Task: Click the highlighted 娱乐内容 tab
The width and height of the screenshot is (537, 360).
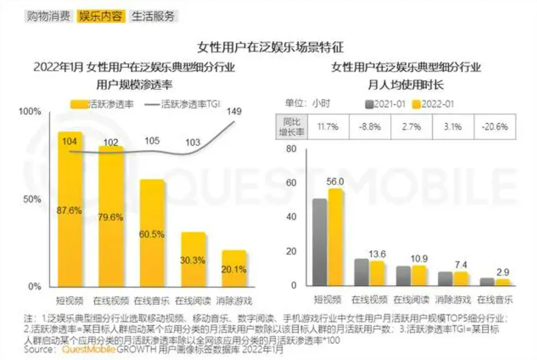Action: [x=101, y=16]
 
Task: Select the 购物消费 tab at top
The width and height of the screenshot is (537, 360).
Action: [x=47, y=16]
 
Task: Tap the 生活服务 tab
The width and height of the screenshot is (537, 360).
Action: [x=153, y=16]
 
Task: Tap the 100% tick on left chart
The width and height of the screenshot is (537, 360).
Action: [x=30, y=112]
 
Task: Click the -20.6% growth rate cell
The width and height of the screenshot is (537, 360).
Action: [x=494, y=126]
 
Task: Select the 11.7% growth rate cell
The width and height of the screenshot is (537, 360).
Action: [x=327, y=126]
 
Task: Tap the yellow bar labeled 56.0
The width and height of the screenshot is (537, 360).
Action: [x=336, y=237]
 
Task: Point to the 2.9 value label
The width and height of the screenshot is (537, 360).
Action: [x=502, y=272]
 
